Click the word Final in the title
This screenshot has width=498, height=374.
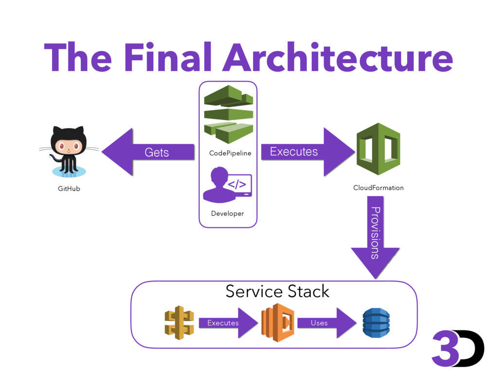click(x=168, y=57)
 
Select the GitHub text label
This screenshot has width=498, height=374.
click(x=69, y=188)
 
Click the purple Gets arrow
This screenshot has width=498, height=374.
click(x=148, y=152)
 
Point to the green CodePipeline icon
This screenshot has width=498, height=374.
click(x=229, y=114)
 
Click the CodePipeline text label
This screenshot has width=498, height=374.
click(x=230, y=153)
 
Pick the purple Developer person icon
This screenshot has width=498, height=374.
click(x=228, y=185)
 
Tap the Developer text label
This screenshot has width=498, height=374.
click(x=228, y=213)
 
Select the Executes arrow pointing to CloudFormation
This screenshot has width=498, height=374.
click(x=308, y=152)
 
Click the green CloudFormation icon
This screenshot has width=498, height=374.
click(x=378, y=149)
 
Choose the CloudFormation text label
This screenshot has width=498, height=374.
click(x=378, y=187)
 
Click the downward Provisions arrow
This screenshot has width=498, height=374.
click(x=375, y=237)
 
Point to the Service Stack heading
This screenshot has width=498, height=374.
click(x=277, y=291)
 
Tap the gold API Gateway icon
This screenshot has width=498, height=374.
click(x=179, y=323)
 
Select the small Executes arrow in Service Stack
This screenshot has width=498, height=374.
click(x=229, y=323)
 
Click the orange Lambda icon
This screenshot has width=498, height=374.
click(x=278, y=323)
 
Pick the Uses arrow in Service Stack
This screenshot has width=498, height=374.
click(x=327, y=323)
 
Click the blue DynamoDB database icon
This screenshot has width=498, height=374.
click(x=376, y=323)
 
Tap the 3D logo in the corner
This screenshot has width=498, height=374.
click(x=458, y=349)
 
